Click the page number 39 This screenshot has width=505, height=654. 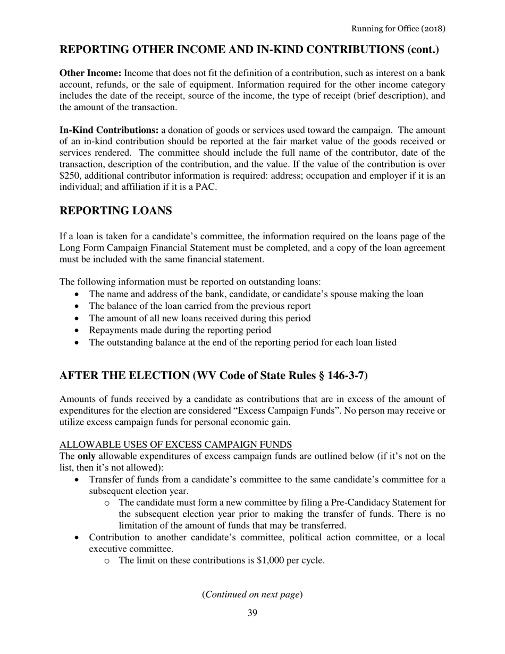(252, 613)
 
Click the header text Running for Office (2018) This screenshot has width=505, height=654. (398, 28)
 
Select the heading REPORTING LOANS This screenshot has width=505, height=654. (115, 211)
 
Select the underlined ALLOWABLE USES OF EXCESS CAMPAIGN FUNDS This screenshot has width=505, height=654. (175, 445)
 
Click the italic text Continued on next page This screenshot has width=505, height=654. (252, 594)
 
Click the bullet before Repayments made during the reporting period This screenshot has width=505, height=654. (78, 330)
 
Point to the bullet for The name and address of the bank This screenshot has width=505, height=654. (78, 294)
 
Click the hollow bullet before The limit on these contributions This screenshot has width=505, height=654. (108, 561)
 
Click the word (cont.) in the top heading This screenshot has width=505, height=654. (423, 50)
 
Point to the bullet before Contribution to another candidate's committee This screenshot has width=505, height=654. (78, 537)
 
